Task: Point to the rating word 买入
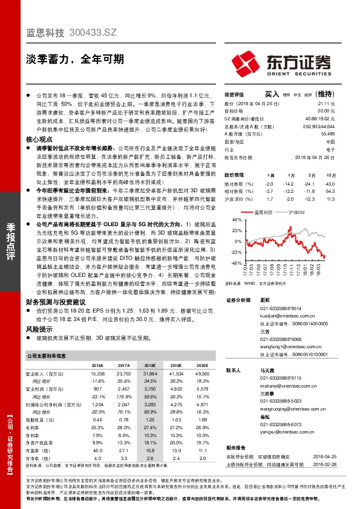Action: tap(271, 95)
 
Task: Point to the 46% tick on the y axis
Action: tap(235, 220)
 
